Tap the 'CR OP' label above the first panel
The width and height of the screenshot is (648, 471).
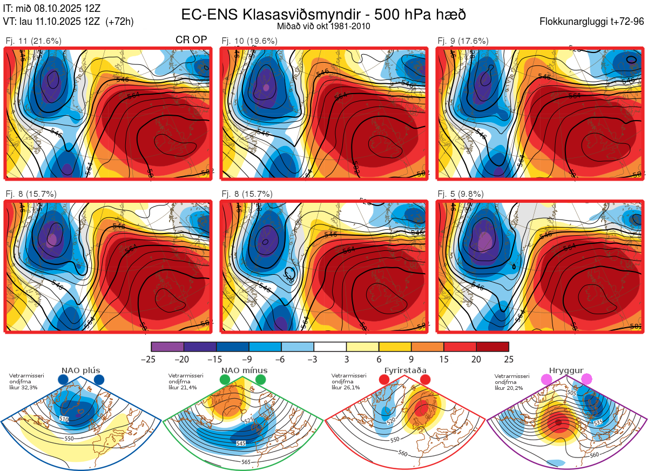(191, 41)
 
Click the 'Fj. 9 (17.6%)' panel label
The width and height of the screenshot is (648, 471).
(463, 41)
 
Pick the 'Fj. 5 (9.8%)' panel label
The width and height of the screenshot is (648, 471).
(460, 194)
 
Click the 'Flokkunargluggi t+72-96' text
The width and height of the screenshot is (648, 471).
(591, 22)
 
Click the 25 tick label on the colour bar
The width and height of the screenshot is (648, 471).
(508, 359)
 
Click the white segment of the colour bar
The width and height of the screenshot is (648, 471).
(330, 347)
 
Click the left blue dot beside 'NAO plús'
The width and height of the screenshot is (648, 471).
(63, 380)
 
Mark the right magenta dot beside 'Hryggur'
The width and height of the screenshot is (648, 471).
(586, 380)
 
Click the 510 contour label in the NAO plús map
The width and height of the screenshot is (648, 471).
(64, 419)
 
